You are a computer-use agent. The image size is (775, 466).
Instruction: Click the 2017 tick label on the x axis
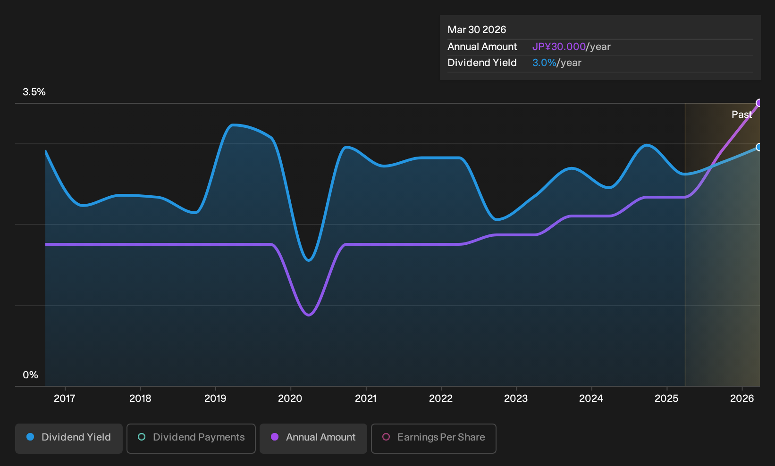(x=65, y=399)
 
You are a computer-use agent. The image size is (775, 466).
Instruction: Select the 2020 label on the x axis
(x=290, y=399)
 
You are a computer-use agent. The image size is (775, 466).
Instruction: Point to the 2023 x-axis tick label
(x=516, y=399)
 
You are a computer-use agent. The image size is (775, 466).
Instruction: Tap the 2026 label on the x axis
(x=742, y=399)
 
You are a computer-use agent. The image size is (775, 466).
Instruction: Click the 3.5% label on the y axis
(x=34, y=92)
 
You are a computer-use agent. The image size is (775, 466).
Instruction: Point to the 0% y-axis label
(x=31, y=375)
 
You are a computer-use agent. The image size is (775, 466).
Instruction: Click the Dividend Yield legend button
(x=69, y=438)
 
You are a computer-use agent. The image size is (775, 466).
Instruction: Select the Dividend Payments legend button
(x=191, y=438)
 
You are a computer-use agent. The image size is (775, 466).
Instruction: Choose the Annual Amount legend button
(x=313, y=438)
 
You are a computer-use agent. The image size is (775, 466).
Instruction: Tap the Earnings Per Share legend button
(x=433, y=438)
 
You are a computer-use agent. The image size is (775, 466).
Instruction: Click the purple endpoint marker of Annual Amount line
(x=759, y=103)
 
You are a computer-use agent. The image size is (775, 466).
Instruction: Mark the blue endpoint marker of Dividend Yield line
(x=759, y=147)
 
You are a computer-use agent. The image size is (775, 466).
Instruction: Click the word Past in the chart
(x=741, y=115)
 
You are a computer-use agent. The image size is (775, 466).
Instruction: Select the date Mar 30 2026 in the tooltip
(x=476, y=30)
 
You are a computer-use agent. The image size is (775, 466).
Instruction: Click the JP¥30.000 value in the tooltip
(x=559, y=47)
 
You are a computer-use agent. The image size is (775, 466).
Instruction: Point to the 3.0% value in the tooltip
(x=544, y=63)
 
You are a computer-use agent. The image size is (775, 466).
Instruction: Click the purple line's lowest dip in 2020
(x=309, y=315)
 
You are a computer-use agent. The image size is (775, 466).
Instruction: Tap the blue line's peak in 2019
(x=234, y=125)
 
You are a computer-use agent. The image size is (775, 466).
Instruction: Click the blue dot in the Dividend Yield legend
(x=31, y=437)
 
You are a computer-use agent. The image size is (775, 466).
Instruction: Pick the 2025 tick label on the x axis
(x=666, y=399)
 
